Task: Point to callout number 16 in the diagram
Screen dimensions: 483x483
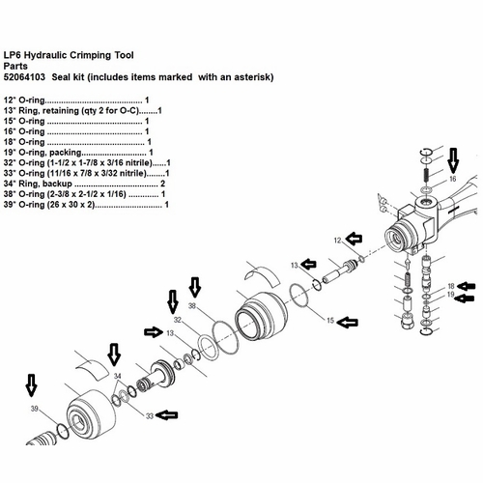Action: pos(451,180)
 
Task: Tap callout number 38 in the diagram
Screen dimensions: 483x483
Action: pos(191,306)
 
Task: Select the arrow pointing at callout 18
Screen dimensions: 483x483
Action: pos(468,285)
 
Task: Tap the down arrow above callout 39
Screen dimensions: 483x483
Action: pos(32,387)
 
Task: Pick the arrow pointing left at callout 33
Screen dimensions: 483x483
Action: pos(168,415)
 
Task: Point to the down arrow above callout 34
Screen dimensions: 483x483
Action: pos(113,355)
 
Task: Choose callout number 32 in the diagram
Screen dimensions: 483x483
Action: pos(177,319)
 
